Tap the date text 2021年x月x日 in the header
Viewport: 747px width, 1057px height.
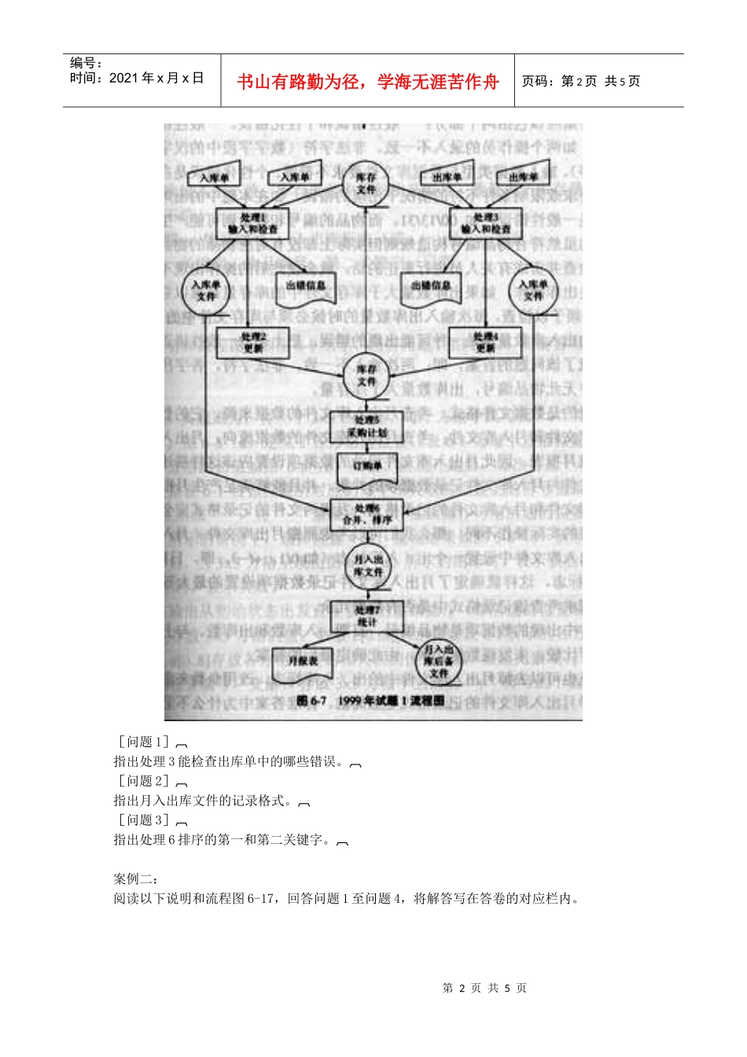[137, 78]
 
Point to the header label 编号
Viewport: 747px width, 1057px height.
[86, 63]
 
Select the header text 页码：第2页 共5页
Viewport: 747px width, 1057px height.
[581, 81]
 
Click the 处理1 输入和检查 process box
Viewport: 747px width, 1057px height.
[252, 223]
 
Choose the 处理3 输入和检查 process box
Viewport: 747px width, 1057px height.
[485, 223]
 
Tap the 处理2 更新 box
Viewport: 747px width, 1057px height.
[252, 342]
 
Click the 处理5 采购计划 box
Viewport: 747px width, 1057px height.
[366, 427]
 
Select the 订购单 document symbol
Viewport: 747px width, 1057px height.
[366, 468]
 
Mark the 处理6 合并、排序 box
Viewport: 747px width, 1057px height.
[366, 514]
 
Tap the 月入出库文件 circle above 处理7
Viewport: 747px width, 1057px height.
[367, 565]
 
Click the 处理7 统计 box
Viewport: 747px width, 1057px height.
[366, 616]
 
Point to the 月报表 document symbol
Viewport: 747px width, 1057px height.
[302, 663]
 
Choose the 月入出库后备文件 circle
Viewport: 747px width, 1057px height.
[438, 661]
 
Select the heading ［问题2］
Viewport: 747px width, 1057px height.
[144, 781]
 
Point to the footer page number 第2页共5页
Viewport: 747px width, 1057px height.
[484, 988]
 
